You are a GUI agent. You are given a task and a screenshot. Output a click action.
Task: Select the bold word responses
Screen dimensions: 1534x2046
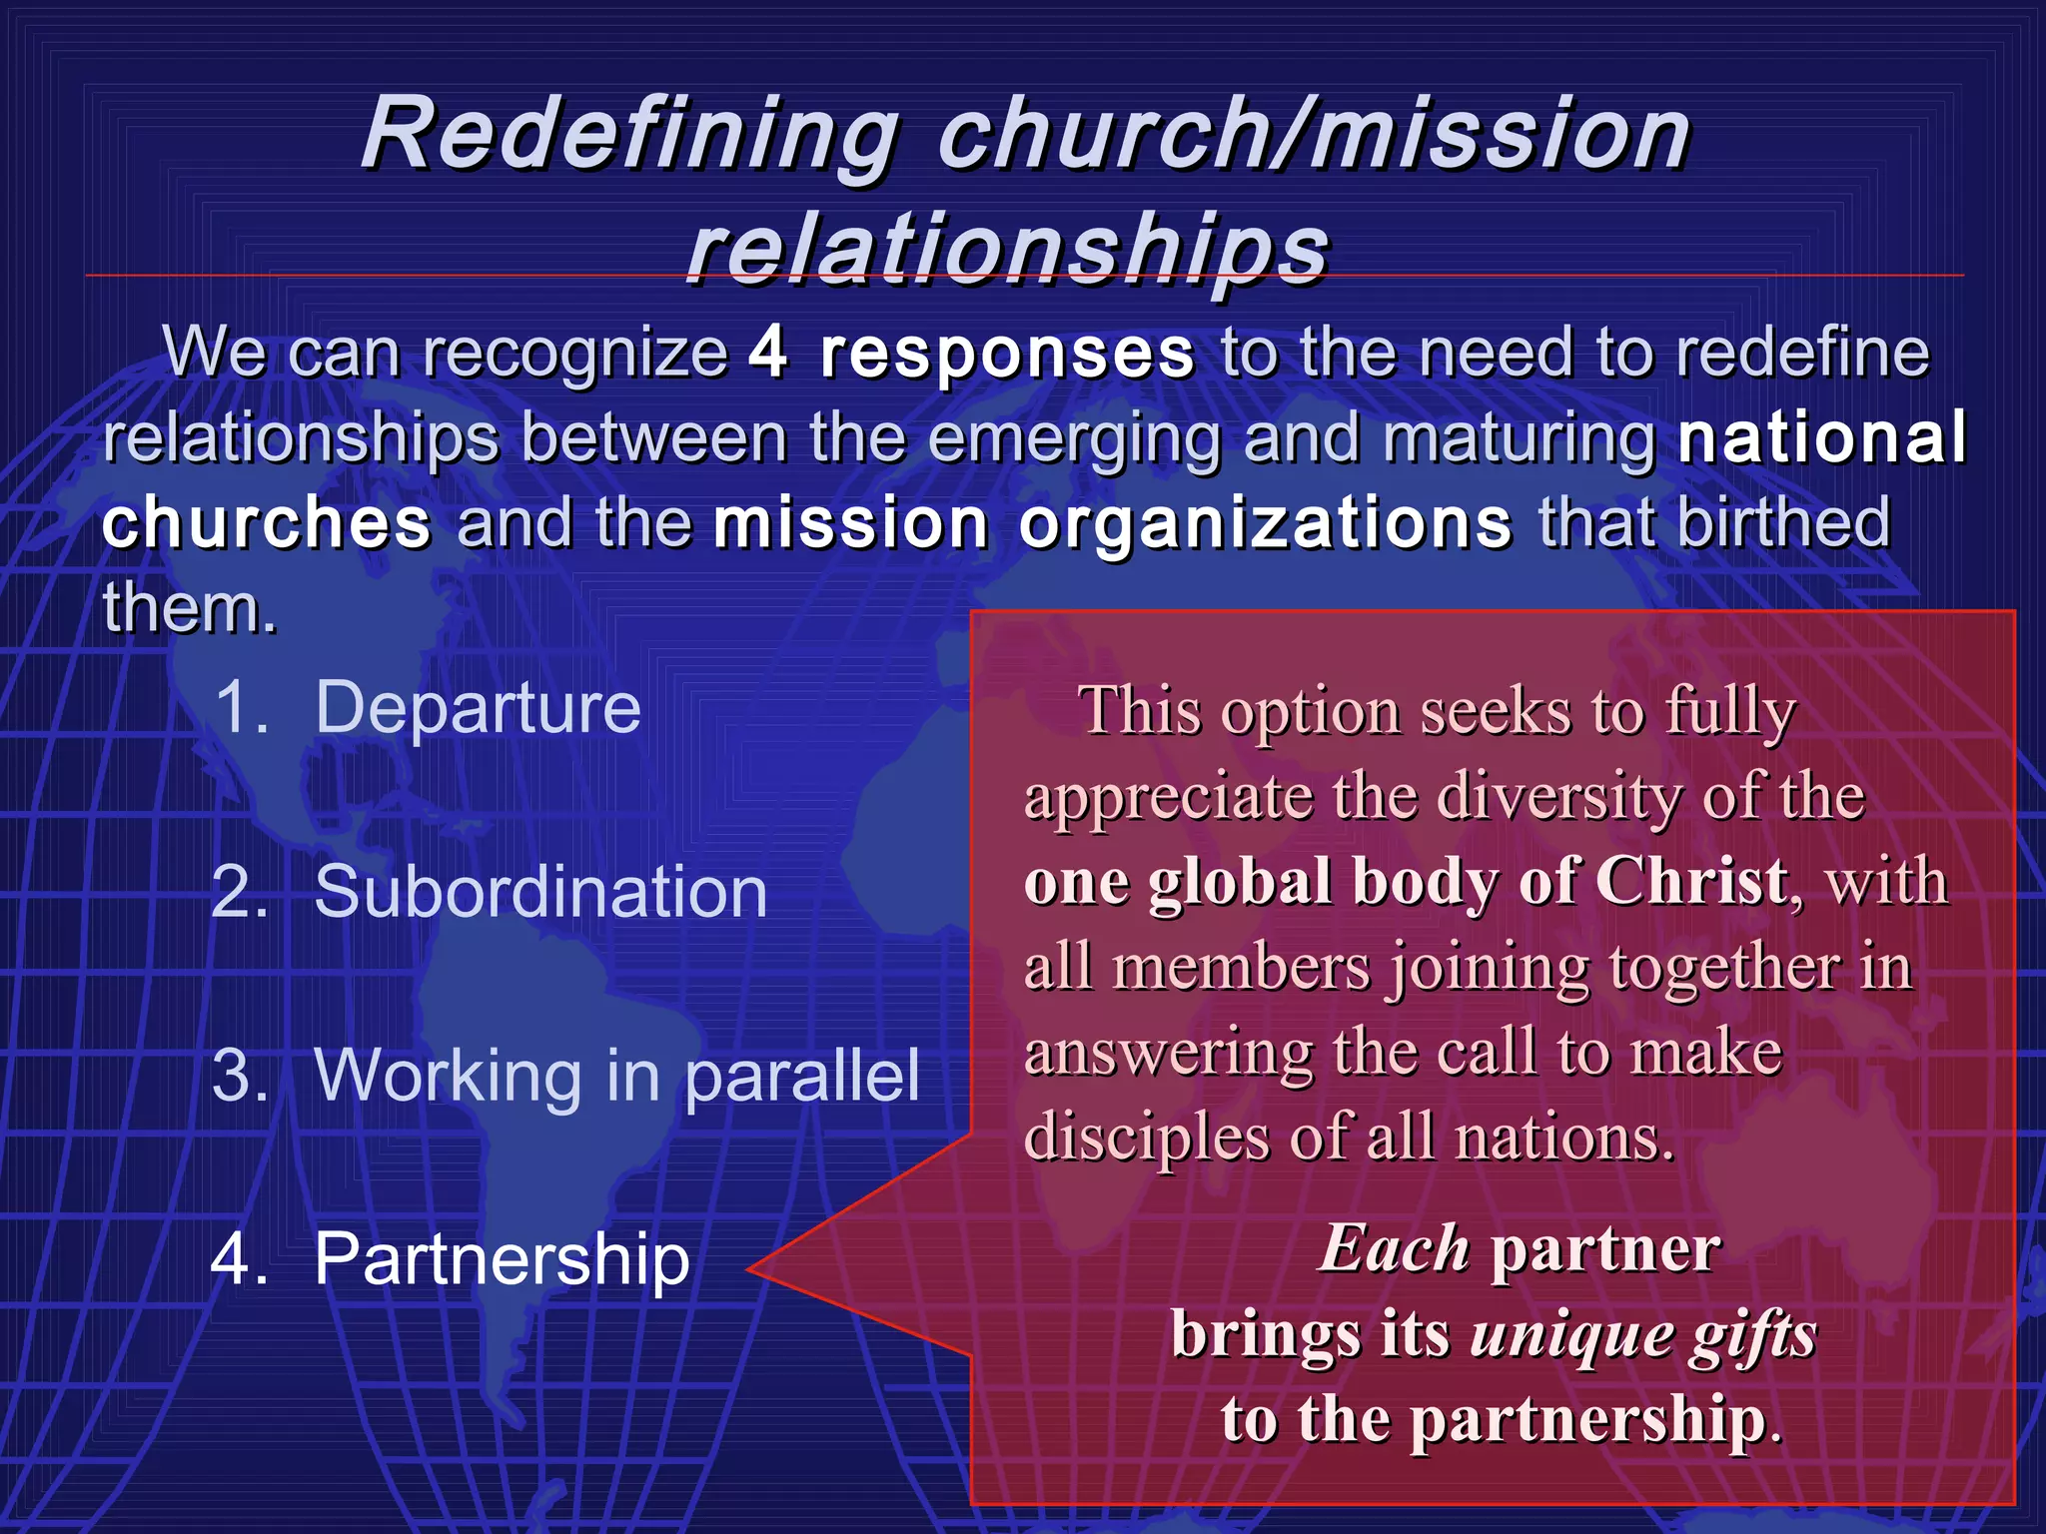[x=1006, y=354]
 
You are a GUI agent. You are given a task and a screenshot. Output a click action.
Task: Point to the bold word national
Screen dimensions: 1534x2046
[x=1821, y=437]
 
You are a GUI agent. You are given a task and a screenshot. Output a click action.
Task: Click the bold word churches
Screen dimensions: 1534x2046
[x=267, y=522]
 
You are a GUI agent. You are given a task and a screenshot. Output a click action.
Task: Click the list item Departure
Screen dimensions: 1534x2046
[x=478, y=707]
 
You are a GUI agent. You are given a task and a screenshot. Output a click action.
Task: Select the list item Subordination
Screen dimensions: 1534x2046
[x=540, y=891]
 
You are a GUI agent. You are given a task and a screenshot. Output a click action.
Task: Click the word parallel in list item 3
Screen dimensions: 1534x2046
[x=802, y=1077]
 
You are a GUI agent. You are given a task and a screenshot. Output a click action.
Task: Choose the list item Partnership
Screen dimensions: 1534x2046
[x=502, y=1258]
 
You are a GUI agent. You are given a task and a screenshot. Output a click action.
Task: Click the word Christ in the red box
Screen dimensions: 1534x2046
[x=1690, y=881]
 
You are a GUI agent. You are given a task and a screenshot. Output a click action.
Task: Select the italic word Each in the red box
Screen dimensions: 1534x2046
[x=1394, y=1248]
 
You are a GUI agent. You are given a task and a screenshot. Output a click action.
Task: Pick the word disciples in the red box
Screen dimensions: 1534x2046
[x=1146, y=1139]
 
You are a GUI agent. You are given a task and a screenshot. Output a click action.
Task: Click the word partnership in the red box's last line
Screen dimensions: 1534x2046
[x=1587, y=1420]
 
